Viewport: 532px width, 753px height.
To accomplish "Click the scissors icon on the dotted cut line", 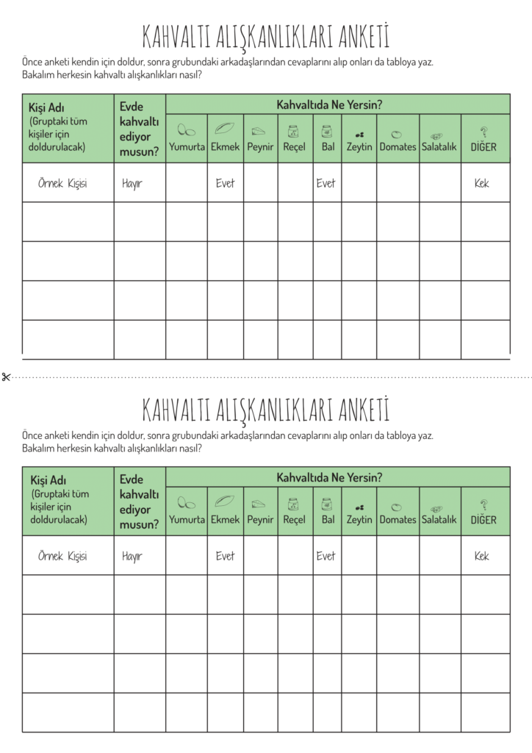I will point(6,377).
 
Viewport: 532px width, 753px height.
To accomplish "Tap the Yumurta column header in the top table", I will point(187,147).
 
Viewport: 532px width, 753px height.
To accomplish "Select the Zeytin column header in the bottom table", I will point(359,520).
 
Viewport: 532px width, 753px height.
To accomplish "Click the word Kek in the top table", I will point(481,183).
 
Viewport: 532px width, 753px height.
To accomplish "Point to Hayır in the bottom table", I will point(132,557).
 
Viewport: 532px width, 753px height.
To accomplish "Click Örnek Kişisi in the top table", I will point(62,183).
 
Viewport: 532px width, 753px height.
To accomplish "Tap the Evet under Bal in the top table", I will point(326,183).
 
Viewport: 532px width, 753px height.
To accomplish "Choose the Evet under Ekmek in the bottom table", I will point(225,557).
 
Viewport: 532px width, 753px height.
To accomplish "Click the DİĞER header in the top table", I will point(484,147).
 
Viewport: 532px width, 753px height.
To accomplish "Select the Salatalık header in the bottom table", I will point(439,520).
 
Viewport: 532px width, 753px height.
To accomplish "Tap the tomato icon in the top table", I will point(397,134).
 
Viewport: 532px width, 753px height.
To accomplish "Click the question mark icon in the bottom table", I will point(484,504).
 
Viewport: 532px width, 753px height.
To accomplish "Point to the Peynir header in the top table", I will point(260,147).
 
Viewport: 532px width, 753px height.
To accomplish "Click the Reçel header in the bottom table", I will point(294,520).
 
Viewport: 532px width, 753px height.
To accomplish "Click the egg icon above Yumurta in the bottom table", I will point(187,505).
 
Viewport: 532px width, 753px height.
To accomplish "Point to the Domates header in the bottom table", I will point(398,520).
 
